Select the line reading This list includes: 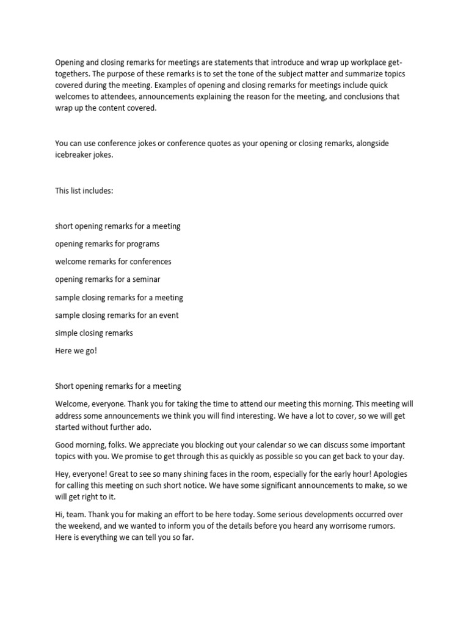point(84,191)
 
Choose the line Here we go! point(76,351)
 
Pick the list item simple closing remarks point(94,333)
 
